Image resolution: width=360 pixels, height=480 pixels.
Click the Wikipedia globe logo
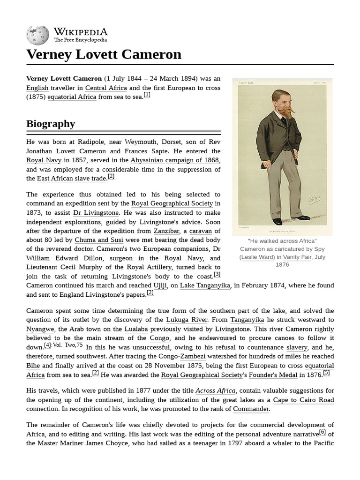(x=37, y=35)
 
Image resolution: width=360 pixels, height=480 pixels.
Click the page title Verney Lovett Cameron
(x=104, y=54)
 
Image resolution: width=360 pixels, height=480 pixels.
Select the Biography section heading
(x=51, y=124)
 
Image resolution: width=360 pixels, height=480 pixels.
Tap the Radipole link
(x=91, y=142)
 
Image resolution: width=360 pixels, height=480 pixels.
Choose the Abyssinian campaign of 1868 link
(x=175, y=160)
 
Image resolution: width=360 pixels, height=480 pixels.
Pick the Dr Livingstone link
(x=96, y=213)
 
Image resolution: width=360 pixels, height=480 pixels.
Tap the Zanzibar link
(x=166, y=231)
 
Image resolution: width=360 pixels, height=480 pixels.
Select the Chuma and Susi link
(x=101, y=240)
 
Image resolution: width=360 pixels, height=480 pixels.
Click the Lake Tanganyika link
(x=205, y=285)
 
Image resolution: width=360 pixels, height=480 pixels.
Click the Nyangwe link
(x=40, y=329)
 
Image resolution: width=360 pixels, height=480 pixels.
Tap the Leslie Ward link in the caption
(x=257, y=257)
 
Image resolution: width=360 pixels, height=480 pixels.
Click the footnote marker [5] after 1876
(x=326, y=373)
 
